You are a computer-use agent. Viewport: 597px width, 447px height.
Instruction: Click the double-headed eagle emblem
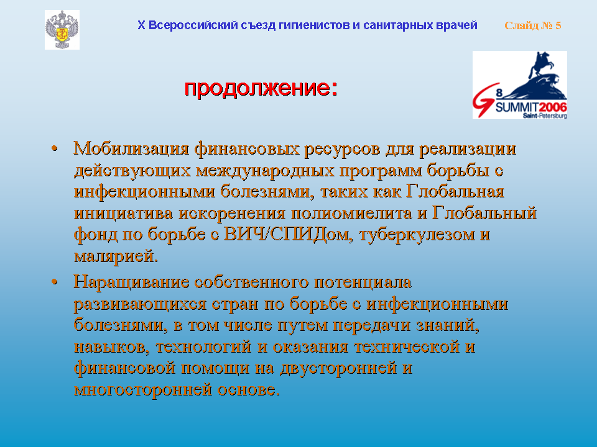click(x=62, y=30)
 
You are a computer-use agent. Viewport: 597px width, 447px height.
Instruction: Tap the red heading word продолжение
click(x=257, y=88)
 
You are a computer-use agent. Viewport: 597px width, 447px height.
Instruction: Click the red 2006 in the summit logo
click(x=553, y=107)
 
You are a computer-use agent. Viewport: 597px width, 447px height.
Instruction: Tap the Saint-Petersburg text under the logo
click(x=545, y=115)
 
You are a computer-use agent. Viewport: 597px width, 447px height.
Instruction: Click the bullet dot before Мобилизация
click(x=55, y=148)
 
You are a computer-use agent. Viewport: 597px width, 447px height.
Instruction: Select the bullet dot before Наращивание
click(x=55, y=282)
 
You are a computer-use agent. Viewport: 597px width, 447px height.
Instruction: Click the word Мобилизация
click(x=131, y=148)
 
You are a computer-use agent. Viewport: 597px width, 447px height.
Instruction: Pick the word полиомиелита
click(x=351, y=213)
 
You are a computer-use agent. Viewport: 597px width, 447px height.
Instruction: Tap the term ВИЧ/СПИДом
click(x=286, y=234)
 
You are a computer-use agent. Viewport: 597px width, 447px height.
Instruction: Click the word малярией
click(x=116, y=256)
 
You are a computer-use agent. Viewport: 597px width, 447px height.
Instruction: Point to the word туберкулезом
click(x=417, y=235)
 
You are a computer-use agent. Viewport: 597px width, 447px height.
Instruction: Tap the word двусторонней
click(x=338, y=368)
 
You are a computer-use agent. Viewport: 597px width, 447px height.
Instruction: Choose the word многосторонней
click(x=143, y=390)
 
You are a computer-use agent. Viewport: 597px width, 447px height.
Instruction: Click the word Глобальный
click(x=484, y=213)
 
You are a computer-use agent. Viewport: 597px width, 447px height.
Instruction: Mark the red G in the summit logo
click(x=484, y=99)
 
